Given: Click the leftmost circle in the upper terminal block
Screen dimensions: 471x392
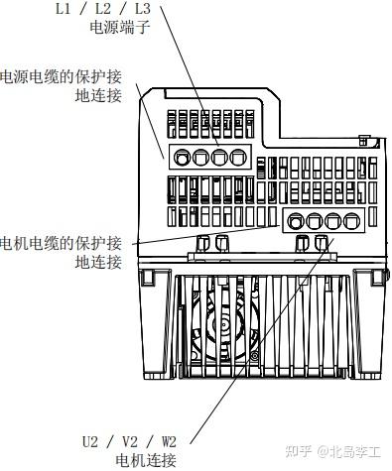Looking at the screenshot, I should [x=182, y=157].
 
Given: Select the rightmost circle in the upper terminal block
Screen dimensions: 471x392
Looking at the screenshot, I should [x=236, y=157].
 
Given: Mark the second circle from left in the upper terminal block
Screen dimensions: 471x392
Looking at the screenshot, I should [x=199, y=157].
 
